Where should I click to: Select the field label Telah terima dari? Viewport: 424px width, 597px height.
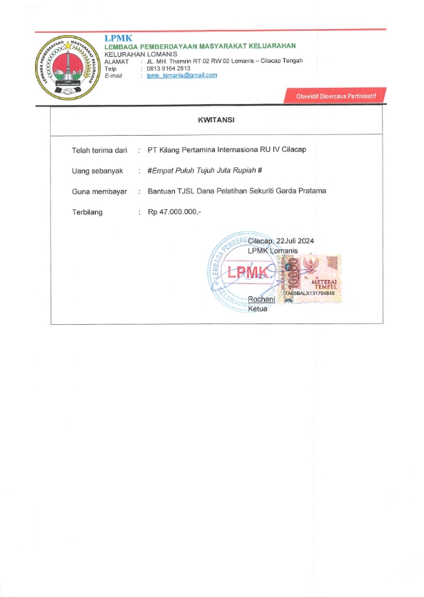[x=99, y=150]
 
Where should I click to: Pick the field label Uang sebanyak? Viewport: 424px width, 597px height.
[x=98, y=171]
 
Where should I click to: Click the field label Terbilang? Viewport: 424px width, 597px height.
[x=89, y=212]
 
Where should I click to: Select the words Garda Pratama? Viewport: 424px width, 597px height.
[x=303, y=191]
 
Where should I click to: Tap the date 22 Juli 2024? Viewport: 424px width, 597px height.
[x=291, y=241]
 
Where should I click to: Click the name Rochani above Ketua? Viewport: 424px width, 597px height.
[x=261, y=299]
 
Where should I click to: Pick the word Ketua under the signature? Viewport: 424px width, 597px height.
[x=257, y=309]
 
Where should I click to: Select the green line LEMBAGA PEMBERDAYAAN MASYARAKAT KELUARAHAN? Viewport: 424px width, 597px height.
[x=200, y=46]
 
